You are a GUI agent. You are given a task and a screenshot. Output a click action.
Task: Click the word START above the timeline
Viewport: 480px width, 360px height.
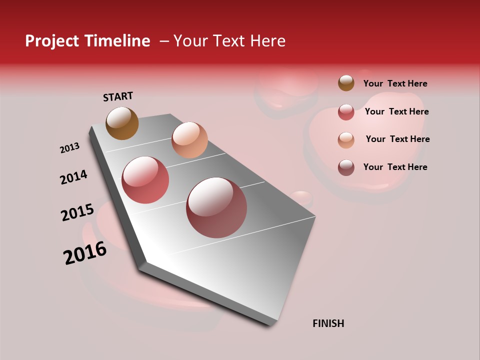pyautogui.click(x=118, y=96)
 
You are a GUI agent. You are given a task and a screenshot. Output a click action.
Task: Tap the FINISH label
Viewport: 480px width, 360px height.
pyautogui.click(x=328, y=323)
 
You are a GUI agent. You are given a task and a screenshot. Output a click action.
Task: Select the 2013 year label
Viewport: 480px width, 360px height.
pyautogui.click(x=69, y=148)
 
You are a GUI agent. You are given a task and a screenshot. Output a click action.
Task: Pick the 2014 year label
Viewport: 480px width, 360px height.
pyautogui.click(x=73, y=177)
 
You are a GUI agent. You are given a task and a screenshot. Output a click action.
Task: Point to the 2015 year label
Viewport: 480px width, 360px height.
pyautogui.click(x=77, y=212)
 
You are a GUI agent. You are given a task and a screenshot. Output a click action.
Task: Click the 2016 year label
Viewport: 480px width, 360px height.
pyautogui.click(x=85, y=253)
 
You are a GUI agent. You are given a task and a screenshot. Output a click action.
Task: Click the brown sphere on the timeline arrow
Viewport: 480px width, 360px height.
pyautogui.click(x=122, y=123)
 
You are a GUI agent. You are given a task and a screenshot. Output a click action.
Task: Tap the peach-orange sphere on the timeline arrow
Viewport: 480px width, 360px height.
pyautogui.click(x=189, y=140)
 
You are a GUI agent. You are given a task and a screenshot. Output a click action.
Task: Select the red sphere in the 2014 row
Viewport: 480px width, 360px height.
pyautogui.click(x=145, y=180)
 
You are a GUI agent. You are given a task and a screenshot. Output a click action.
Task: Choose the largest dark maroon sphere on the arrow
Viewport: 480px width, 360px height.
pyautogui.click(x=216, y=207)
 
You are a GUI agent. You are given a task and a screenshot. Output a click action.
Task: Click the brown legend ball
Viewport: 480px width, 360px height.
pyautogui.click(x=346, y=83)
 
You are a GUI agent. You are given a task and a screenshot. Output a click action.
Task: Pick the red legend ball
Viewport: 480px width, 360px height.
pyautogui.click(x=346, y=112)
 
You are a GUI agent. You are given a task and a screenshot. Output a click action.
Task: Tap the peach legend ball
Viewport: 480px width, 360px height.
pyautogui.click(x=346, y=140)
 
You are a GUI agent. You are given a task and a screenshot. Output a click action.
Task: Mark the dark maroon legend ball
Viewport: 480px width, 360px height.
pyautogui.click(x=346, y=167)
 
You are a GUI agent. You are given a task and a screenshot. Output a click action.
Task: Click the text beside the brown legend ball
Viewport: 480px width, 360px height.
pyautogui.click(x=395, y=84)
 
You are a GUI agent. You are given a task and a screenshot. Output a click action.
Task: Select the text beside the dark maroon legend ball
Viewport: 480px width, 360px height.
pyautogui.click(x=395, y=167)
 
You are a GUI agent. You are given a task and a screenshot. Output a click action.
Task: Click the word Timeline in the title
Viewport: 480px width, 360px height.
pyautogui.click(x=117, y=41)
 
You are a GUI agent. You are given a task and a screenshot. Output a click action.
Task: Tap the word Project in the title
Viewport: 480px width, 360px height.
pyautogui.click(x=52, y=41)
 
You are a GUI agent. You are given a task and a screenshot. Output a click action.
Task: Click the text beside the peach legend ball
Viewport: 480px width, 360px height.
pyautogui.click(x=397, y=139)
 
